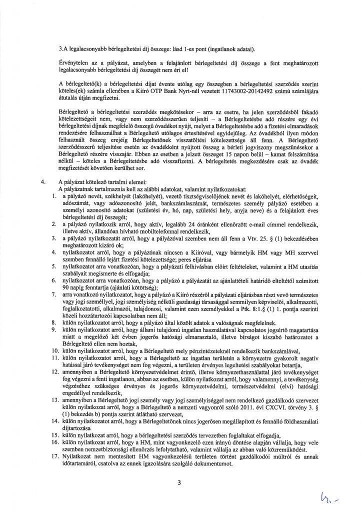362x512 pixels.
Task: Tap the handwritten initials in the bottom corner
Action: [339, 495]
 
